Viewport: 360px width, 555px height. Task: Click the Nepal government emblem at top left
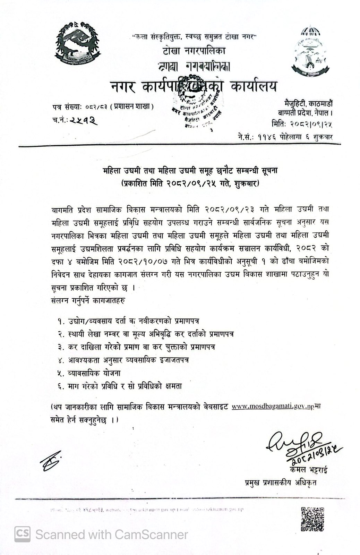[x=77, y=43]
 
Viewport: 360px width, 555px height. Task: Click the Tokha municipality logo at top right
[x=310, y=49]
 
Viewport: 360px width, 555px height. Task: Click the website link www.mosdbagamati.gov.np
[x=271, y=407]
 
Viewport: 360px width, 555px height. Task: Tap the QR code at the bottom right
[x=312, y=519]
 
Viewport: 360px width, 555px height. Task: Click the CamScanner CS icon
[x=22, y=534]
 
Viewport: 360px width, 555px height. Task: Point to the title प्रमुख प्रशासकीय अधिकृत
[x=280, y=483]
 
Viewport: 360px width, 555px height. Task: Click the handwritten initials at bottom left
[x=51, y=461]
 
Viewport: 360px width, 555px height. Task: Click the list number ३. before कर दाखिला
[x=61, y=347]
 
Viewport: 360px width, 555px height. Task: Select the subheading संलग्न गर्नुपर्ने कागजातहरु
[x=87, y=300]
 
